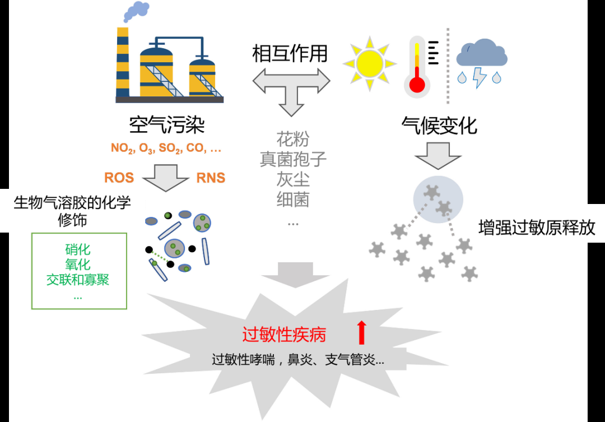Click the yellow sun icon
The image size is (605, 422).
[x=369, y=64]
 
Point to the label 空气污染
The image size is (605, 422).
[x=167, y=125]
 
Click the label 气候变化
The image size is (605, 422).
[x=439, y=126]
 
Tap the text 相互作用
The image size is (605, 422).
[x=290, y=53]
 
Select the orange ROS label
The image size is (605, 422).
[x=119, y=178]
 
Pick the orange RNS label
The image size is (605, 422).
[x=211, y=178]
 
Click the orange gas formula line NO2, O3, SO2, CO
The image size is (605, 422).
[x=166, y=149]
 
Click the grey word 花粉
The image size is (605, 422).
[x=293, y=139]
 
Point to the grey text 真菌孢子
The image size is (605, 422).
[x=293, y=159]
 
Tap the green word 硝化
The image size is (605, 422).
[x=78, y=250]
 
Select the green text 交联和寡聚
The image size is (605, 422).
[x=78, y=280]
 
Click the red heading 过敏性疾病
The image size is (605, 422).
[x=284, y=335]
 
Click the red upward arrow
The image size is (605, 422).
[x=361, y=332]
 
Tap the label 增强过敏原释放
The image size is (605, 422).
[x=537, y=228]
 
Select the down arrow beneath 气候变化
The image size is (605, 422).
[x=438, y=156]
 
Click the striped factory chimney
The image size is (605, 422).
[x=123, y=62]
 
